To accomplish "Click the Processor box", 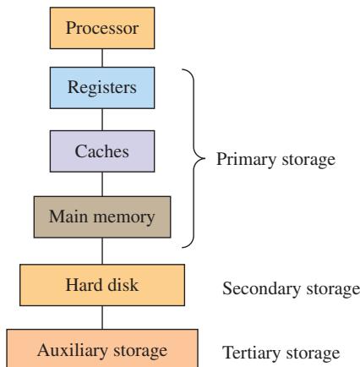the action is pyautogui.click(x=102, y=28).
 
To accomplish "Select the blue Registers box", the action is pyautogui.click(x=102, y=88).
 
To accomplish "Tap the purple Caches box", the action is pyautogui.click(x=102, y=151).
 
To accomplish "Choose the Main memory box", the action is pyautogui.click(x=102, y=217).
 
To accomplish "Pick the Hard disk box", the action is pyautogui.click(x=102, y=285).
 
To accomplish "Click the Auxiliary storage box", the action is pyautogui.click(x=102, y=348).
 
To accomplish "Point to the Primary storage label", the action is pyautogui.click(x=275, y=160).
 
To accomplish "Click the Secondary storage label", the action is pyautogui.click(x=291, y=289).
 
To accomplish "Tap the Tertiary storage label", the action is pyautogui.click(x=281, y=353).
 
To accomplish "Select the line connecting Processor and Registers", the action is pyautogui.click(x=102, y=58).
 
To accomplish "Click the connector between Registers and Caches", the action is pyautogui.click(x=102, y=119).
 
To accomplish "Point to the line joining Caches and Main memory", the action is pyautogui.click(x=102, y=184).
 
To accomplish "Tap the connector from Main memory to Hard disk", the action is pyautogui.click(x=102, y=251).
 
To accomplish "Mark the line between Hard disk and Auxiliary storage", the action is pyautogui.click(x=102, y=318).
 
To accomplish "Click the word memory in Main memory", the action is pyautogui.click(x=124, y=218).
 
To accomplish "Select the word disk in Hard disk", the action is pyautogui.click(x=123, y=285).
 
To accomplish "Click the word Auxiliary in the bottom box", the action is pyautogui.click(x=73, y=351).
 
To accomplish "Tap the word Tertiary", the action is pyautogui.click(x=251, y=353).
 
